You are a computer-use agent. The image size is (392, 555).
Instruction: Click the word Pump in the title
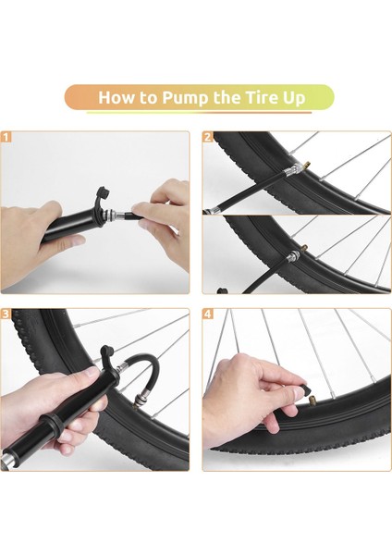tap(185, 98)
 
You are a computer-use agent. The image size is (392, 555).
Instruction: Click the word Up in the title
tap(294, 98)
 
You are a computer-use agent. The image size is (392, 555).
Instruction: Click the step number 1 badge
tap(6, 137)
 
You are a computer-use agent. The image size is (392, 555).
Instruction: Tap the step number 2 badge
tap(208, 137)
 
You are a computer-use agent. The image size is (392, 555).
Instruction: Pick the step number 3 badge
tap(6, 314)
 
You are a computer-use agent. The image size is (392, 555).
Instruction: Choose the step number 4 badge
tap(208, 314)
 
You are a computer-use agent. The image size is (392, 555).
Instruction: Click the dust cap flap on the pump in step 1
tap(103, 194)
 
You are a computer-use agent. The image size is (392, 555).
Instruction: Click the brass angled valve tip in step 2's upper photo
tap(306, 166)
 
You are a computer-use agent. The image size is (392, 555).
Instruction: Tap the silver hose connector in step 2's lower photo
tap(294, 255)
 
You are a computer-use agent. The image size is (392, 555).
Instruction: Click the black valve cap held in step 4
tap(305, 390)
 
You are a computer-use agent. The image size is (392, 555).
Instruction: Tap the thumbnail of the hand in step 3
tap(91, 373)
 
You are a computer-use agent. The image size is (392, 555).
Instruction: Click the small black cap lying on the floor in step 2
tap(222, 291)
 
